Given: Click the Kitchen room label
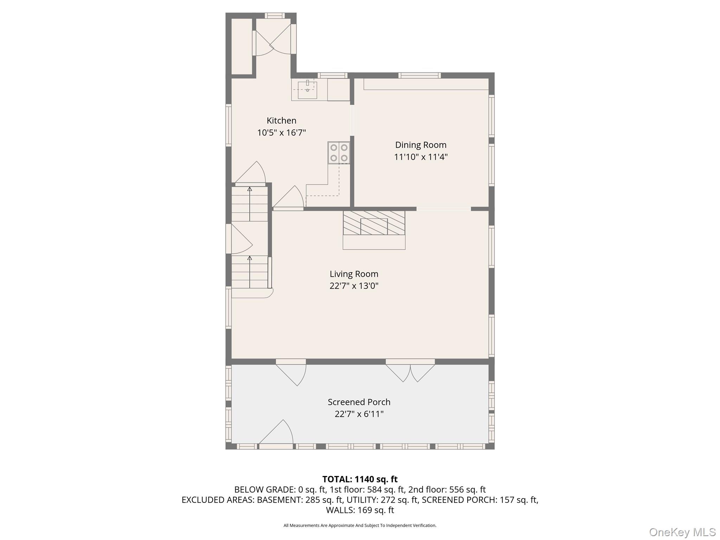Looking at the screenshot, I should (281, 121).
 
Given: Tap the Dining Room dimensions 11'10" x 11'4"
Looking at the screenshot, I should (420, 157).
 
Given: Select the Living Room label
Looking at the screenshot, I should (354, 274).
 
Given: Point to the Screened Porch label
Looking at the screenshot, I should (359, 402).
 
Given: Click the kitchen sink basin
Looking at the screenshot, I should (307, 90).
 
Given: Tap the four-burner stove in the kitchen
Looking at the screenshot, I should (339, 153).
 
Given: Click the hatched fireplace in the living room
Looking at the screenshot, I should (374, 223).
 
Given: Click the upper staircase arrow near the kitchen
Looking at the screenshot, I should (250, 204).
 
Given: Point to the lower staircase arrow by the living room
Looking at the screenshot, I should (250, 272).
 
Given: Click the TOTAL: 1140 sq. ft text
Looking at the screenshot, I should (360, 479).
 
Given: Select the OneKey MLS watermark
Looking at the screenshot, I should (682, 532).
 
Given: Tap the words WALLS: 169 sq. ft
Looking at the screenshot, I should (360, 510).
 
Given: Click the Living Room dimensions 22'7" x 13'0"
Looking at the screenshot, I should (354, 286).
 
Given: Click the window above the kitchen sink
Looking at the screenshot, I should (333, 75).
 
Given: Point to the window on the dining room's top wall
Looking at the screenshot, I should (419, 75).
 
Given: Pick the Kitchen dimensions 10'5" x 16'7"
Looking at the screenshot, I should (281, 133).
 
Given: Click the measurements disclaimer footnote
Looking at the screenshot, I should (360, 526).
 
